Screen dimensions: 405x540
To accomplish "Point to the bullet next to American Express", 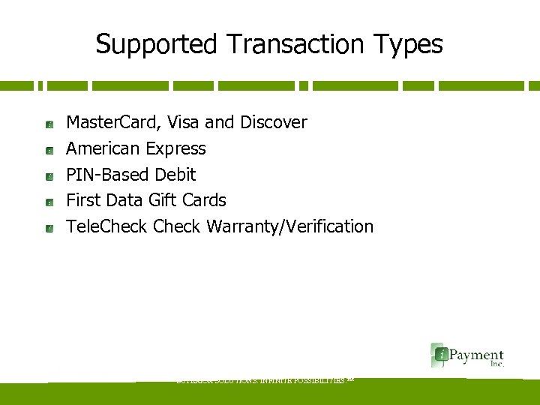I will pos(48,150).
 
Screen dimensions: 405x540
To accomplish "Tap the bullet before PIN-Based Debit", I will pos(48,176).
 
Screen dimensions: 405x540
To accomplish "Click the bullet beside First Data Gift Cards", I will pos(48,202).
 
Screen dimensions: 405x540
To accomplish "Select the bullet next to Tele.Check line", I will pos(48,228).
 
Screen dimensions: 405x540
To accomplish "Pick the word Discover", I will pos(274,122).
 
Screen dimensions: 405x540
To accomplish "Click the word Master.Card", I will pos(112,122).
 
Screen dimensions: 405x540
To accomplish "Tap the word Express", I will pos(176,148).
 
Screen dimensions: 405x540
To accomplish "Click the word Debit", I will pos(175,175).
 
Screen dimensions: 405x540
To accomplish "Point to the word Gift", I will pos(160,200).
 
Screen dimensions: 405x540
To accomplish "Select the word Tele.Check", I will pos(107,226).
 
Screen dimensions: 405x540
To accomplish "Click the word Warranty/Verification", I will pos(289,226).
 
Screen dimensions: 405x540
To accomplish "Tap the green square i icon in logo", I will pos(439,354).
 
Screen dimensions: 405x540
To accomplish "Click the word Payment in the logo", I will pos(476,355).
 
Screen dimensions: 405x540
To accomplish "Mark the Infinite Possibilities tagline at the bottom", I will pos(263,380).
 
